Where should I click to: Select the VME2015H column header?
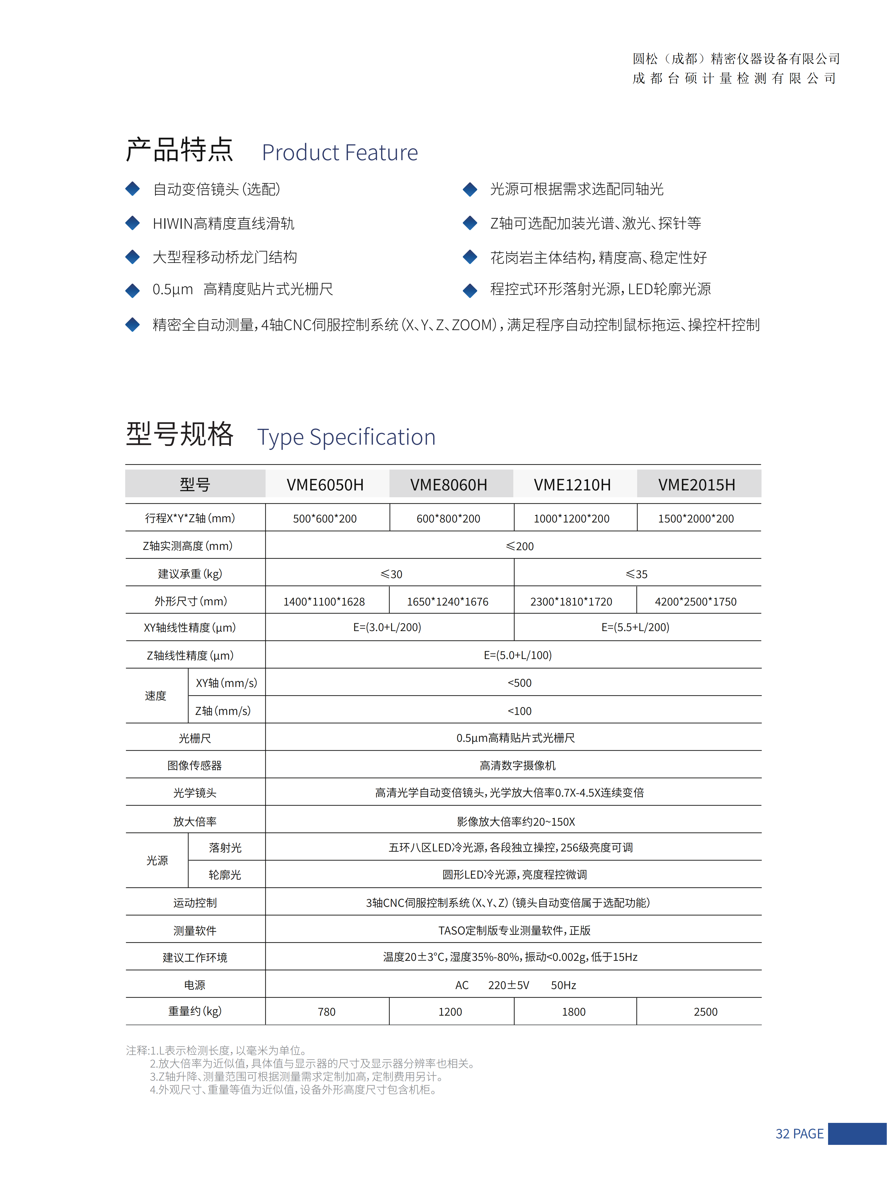pos(696,484)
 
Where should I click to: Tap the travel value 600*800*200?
pos(448,518)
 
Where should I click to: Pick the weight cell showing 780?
pos(326,1012)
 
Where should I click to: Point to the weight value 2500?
pos(705,1012)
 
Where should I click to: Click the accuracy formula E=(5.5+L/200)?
pos(635,627)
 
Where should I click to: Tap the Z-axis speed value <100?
pos(519,711)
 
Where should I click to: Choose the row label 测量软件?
pos(194,930)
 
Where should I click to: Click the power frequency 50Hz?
pos(563,985)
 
